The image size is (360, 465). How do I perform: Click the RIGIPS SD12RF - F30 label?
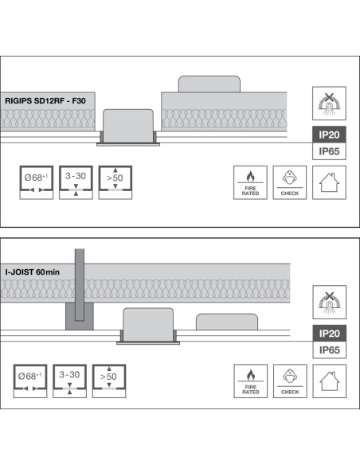(x=45, y=101)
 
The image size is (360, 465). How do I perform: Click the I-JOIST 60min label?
(x=33, y=272)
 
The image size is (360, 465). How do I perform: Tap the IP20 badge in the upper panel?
(x=329, y=135)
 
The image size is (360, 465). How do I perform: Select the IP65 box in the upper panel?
(x=329, y=151)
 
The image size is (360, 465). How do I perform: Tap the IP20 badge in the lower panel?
(x=330, y=334)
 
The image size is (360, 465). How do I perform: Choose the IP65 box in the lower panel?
(x=330, y=350)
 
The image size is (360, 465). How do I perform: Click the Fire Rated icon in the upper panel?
(x=250, y=182)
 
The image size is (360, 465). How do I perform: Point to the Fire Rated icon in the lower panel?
(x=251, y=381)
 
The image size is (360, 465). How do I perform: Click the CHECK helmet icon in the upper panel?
(x=290, y=182)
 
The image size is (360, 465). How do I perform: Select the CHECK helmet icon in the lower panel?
(x=290, y=381)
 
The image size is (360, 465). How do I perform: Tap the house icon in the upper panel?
(x=329, y=182)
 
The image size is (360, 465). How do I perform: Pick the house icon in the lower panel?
(x=330, y=381)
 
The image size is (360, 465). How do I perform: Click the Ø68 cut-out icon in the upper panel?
(x=37, y=182)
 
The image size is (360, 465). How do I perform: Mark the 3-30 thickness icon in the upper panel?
(x=76, y=182)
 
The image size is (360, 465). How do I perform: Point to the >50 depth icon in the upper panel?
(x=115, y=182)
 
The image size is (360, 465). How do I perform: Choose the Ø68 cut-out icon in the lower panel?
(x=30, y=381)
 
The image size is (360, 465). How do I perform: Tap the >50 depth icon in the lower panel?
(x=109, y=381)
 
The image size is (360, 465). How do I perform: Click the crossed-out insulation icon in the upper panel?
(x=329, y=104)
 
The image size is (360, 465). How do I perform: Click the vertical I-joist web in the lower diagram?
(x=80, y=285)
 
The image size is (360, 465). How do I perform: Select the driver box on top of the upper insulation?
(x=209, y=84)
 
